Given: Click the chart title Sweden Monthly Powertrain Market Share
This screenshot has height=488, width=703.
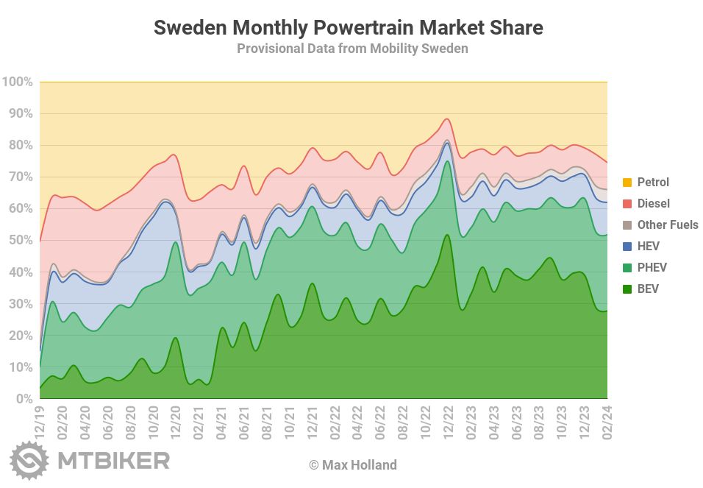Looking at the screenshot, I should tap(348, 28).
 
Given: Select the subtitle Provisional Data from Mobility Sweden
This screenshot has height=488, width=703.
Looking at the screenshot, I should tap(352, 49).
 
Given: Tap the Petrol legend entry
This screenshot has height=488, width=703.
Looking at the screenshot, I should tap(653, 182).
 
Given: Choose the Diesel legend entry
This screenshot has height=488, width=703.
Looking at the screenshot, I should tap(653, 203).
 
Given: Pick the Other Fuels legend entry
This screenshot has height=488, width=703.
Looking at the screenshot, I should tap(667, 224).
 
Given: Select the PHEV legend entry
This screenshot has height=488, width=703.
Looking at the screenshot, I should tap(652, 267).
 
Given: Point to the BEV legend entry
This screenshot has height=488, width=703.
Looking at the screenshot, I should tap(648, 289).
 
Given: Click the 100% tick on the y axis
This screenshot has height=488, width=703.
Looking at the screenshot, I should tap(18, 82).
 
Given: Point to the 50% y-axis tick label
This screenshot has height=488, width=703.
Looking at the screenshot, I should tap(20, 240).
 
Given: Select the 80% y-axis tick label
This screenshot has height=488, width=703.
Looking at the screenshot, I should tap(20, 145).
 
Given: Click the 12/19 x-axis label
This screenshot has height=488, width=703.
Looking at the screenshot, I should tap(40, 422).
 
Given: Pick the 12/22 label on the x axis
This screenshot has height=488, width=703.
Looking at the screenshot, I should tap(448, 422).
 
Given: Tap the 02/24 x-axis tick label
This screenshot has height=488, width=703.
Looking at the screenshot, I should tap(607, 422).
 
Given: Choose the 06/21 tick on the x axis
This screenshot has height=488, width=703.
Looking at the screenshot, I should tap(244, 422).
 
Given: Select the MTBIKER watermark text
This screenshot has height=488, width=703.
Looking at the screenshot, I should tap(113, 462).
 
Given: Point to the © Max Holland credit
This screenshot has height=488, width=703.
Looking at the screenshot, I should tap(352, 465).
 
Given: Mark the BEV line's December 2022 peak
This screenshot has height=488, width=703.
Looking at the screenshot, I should tap(448, 235).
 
